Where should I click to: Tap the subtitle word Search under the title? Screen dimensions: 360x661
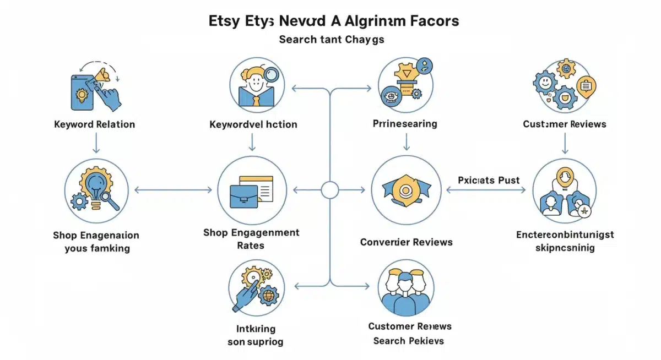point(297,40)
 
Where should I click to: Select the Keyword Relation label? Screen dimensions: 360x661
point(94,124)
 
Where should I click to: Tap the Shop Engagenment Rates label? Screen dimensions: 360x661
point(251,239)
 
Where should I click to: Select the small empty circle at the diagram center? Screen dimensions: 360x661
point(329,190)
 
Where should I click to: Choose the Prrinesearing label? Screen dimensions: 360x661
point(405,124)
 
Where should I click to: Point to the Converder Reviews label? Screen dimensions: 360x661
point(406,242)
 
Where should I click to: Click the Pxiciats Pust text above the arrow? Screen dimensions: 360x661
point(489,180)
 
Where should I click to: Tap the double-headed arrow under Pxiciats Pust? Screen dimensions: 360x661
point(486,190)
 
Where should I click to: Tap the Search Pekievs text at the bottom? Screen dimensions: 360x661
point(408,341)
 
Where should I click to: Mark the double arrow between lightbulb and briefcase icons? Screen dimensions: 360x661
point(173,190)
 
